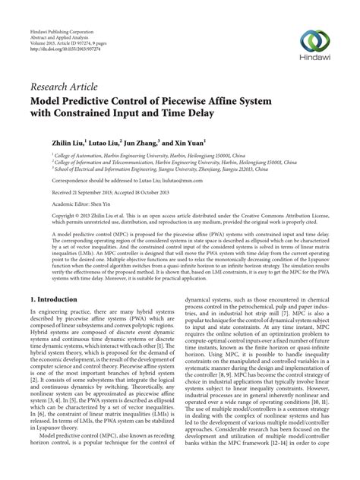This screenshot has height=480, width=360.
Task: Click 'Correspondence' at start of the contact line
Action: (x=52, y=192)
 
